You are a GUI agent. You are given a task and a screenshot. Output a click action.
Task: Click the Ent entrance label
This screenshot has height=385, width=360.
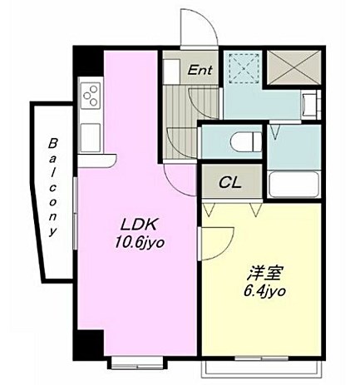(200, 70)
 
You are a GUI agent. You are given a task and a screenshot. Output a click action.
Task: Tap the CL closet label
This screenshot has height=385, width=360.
(229, 182)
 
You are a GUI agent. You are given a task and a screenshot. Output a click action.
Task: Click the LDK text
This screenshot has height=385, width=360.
(139, 225)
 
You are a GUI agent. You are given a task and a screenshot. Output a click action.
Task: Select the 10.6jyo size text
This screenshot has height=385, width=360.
(140, 243)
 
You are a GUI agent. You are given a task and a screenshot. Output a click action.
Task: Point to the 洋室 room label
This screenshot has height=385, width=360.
(264, 274)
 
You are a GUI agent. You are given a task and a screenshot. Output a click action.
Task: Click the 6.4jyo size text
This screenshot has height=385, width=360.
(264, 291)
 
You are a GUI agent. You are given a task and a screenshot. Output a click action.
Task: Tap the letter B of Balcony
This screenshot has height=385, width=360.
(52, 144)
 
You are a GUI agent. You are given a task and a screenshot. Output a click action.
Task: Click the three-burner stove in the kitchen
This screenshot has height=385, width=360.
(91, 96)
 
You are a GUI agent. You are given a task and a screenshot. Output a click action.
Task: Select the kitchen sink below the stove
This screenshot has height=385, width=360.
(91, 137)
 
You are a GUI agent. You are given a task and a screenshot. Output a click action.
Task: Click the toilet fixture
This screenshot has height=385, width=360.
(246, 142)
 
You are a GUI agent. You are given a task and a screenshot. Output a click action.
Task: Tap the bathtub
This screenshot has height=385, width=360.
(293, 185)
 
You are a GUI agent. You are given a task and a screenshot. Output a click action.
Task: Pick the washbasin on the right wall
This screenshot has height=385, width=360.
(310, 106)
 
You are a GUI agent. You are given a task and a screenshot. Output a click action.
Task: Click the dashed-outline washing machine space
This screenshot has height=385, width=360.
(244, 67)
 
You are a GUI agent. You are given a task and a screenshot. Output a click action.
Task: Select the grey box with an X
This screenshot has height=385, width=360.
(293, 67)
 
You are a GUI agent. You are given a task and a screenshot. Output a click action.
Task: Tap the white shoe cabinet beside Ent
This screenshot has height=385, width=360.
(171, 72)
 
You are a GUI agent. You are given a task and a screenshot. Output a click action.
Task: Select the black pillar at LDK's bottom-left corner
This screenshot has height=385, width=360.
(88, 344)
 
